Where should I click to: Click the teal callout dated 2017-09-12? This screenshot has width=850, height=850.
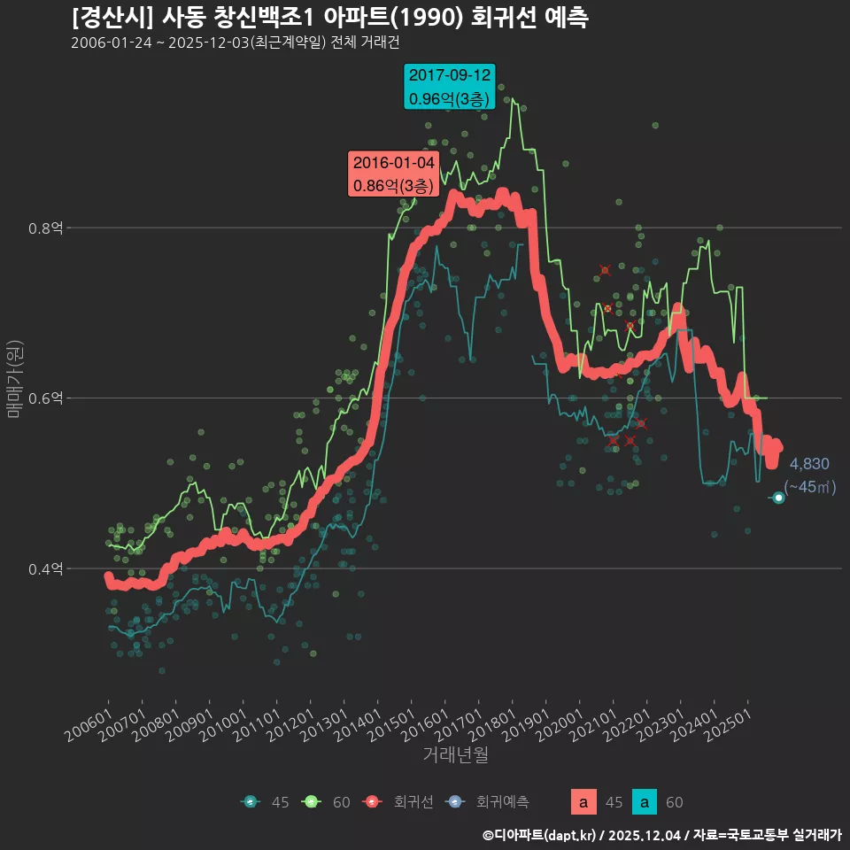coord(449,88)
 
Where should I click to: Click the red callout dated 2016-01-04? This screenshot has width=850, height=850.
coord(393,174)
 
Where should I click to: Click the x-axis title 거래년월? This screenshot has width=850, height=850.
coord(455,754)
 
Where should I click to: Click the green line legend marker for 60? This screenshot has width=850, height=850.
coord(312,802)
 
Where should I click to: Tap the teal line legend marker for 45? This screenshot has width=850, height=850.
coord(251,802)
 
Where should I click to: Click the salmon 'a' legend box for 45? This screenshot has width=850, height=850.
coord(583,802)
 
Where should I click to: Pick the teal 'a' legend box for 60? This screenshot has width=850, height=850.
coord(645,802)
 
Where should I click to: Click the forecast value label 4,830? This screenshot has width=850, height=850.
coord(809,464)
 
